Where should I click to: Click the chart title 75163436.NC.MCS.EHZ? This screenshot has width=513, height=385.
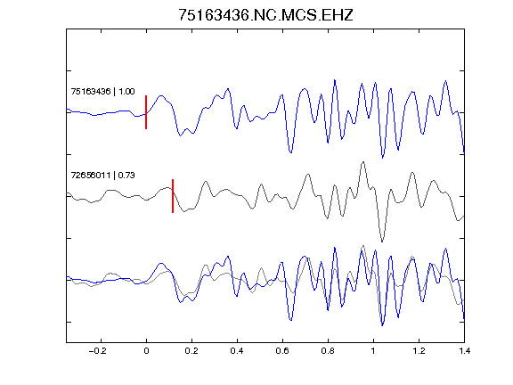pos(265,15)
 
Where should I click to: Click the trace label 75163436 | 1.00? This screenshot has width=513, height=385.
pos(102,91)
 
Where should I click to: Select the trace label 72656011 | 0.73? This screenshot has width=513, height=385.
pos(102,176)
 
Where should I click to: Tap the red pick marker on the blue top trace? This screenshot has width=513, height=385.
pos(146,112)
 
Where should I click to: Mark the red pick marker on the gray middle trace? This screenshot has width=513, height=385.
pos(173,196)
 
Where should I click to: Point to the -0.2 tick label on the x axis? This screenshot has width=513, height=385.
pos(98,351)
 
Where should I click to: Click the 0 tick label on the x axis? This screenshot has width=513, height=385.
pos(146,351)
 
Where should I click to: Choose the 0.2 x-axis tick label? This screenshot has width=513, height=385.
pos(191,351)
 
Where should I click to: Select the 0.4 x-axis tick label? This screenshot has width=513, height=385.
pos(237,351)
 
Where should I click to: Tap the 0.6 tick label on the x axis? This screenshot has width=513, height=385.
pos(282,351)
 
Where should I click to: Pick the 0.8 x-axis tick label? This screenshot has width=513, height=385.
pos(328,351)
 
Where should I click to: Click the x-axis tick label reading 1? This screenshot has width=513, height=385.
pos(373,351)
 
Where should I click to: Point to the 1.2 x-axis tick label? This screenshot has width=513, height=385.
pos(419,351)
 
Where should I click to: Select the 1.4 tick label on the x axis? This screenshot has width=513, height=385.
pos(464,351)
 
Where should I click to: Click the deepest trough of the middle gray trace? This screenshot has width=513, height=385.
pos(382,242)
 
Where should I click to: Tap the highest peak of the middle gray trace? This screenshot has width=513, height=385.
pos(363,162)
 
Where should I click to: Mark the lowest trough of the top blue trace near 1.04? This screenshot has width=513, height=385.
pos(382,158)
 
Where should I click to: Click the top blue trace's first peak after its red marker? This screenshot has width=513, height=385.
pos(161,95)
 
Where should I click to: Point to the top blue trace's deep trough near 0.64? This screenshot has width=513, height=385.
pos(290,152)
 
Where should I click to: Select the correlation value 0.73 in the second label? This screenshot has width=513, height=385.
pos(126,176)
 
